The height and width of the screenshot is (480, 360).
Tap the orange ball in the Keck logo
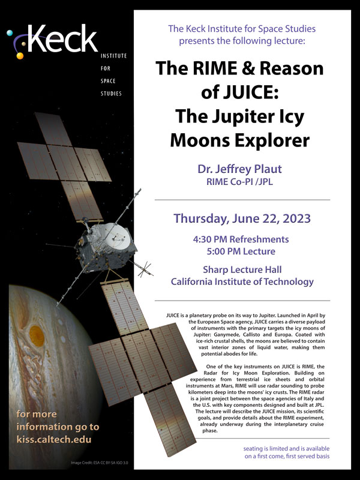pos(20,56)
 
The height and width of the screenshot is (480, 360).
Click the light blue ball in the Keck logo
pos(10,33)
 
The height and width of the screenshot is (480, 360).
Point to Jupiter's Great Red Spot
pos(37,336)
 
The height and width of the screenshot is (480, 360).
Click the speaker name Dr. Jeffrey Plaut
pos(239,169)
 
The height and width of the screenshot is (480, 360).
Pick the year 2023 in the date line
pos(296,218)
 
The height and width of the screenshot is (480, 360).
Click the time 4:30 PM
pos(211,239)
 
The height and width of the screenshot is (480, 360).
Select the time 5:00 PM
pos(224,251)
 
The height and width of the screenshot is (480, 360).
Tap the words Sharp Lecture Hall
pos(242,269)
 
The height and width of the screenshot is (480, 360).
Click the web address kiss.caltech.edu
pos(54,440)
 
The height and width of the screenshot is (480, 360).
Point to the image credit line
pos(100,463)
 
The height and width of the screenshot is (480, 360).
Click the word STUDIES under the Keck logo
pos(111,94)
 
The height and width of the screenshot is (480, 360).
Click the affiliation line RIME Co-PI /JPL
pos(239,182)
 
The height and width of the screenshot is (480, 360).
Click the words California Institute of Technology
pos(242,281)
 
